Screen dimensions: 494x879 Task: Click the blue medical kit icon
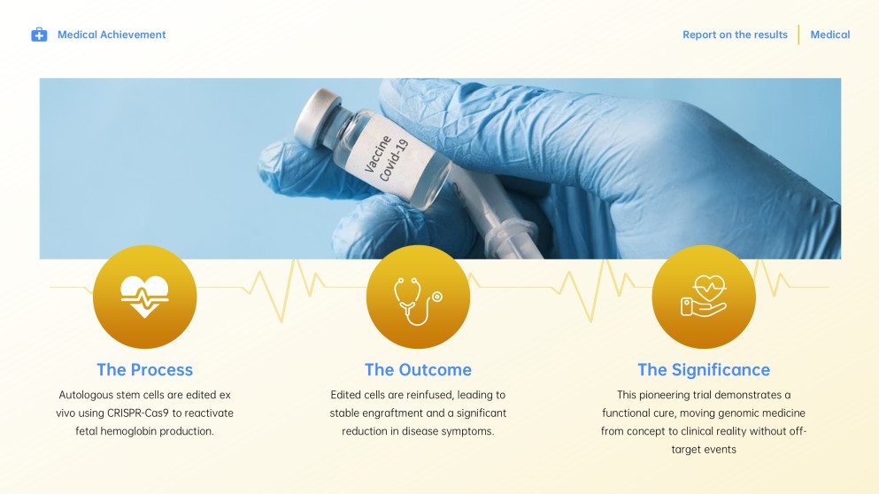[39, 35]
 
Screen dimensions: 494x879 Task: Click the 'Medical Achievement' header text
[112, 35]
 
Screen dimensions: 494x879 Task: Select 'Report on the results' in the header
[735, 35]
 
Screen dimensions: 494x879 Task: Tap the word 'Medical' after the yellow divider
[830, 35]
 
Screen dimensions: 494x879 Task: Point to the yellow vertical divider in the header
[799, 35]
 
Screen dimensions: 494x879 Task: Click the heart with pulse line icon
[144, 296]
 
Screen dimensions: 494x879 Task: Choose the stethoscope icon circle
[418, 297]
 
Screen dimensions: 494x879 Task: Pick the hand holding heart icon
[704, 297]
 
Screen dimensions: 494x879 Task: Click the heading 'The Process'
[144, 370]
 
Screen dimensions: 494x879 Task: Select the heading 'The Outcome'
[418, 370]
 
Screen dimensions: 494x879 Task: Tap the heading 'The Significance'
[704, 370]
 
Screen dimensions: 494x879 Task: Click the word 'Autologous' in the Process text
[87, 395]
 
